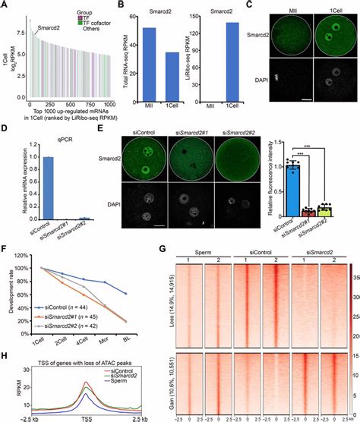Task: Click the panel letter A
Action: point(6,6)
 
